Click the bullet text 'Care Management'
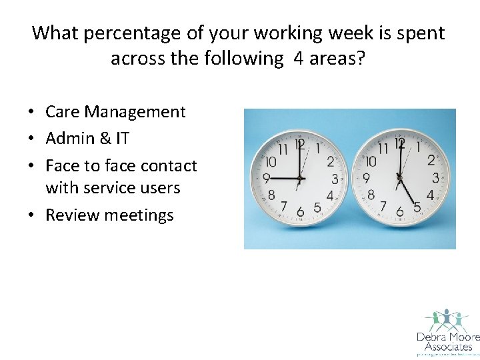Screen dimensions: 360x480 (x=115, y=112)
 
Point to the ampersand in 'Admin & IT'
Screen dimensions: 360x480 (x=103, y=139)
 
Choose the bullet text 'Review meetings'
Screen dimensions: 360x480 (x=109, y=215)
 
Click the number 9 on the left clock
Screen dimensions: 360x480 (x=265, y=179)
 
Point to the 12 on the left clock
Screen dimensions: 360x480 (x=299, y=143)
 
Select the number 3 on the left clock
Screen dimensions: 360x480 (x=335, y=179)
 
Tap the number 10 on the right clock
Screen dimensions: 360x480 (x=371, y=161)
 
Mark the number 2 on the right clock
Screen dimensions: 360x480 (x=431, y=160)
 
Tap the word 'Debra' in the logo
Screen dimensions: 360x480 (x=430, y=337)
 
